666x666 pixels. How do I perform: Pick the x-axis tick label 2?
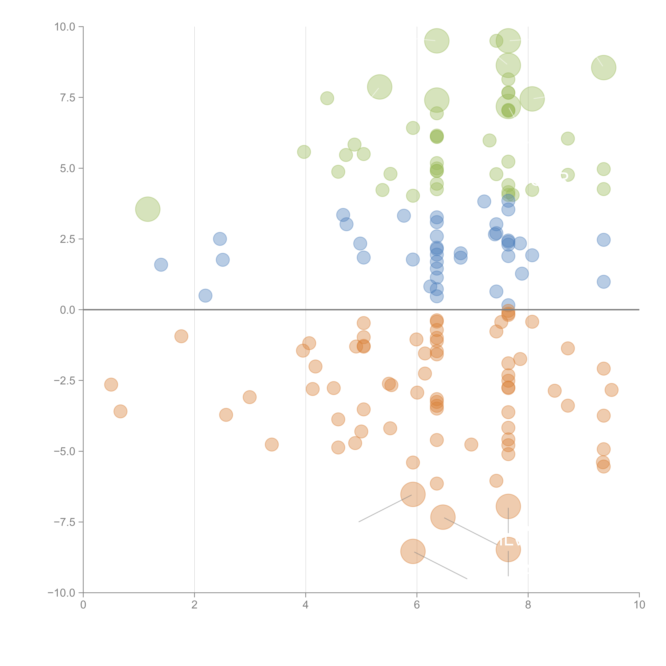pyautogui.click(x=194, y=605)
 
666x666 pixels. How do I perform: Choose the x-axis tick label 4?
pyautogui.click(x=305, y=605)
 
